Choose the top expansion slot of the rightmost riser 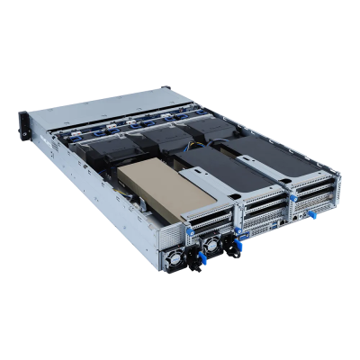[319, 179]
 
